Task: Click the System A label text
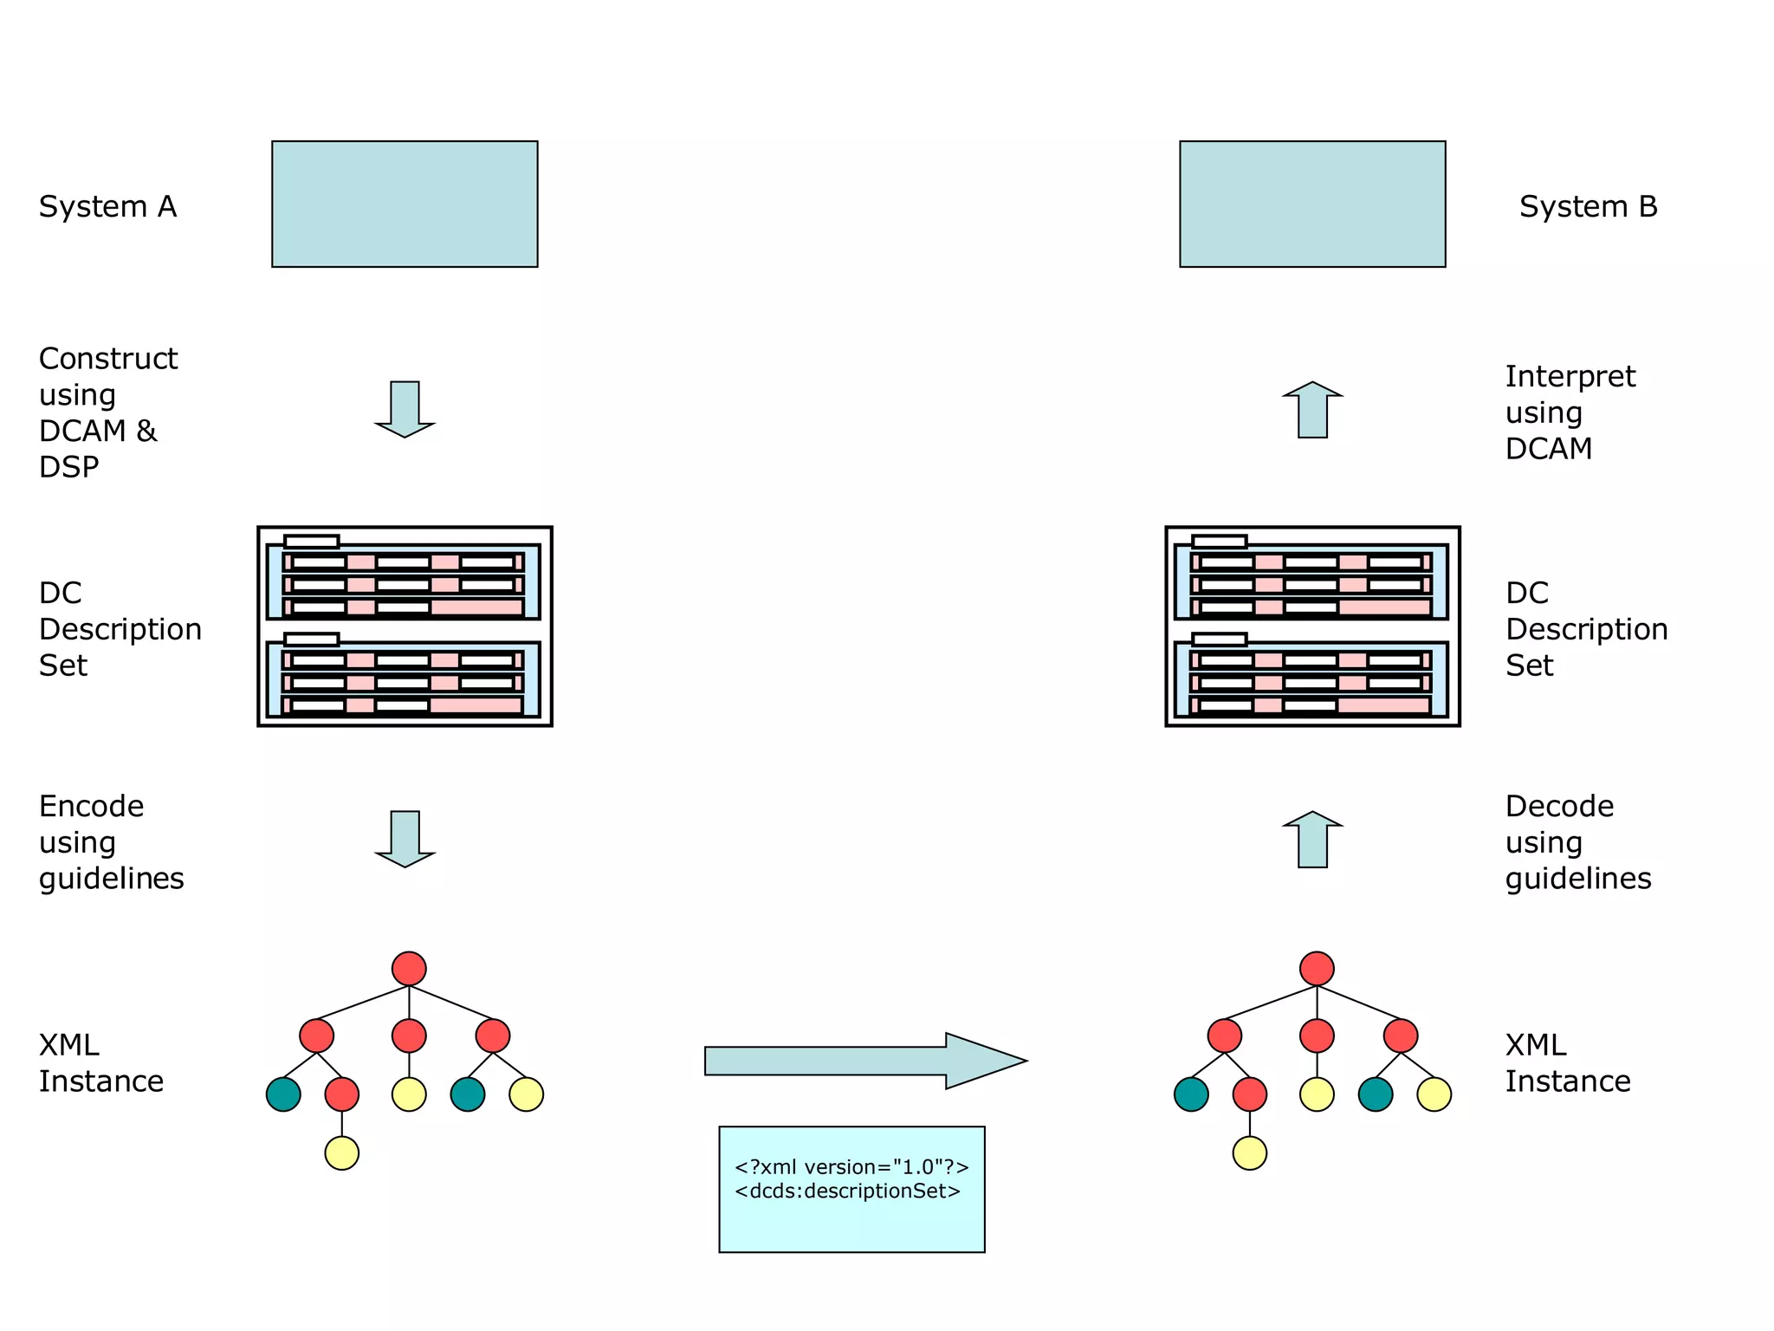[x=107, y=207]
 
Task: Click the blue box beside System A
[x=405, y=204]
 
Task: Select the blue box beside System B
[x=1312, y=204]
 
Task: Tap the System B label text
[x=1588, y=207]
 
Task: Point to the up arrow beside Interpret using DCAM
[x=1312, y=410]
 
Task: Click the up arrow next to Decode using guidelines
[x=1312, y=840]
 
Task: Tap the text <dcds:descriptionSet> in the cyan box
[x=847, y=1191]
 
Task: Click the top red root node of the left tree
[x=409, y=969]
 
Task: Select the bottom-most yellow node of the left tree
[x=342, y=1152]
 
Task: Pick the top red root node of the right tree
[x=1317, y=969]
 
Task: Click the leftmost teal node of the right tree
[x=1191, y=1094]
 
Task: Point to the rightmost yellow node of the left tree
[x=526, y=1094]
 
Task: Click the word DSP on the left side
[x=68, y=468]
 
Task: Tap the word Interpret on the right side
[x=1570, y=377]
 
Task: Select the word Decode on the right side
[x=1559, y=807]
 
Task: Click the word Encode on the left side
[x=91, y=807]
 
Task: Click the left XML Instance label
[x=100, y=1063]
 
